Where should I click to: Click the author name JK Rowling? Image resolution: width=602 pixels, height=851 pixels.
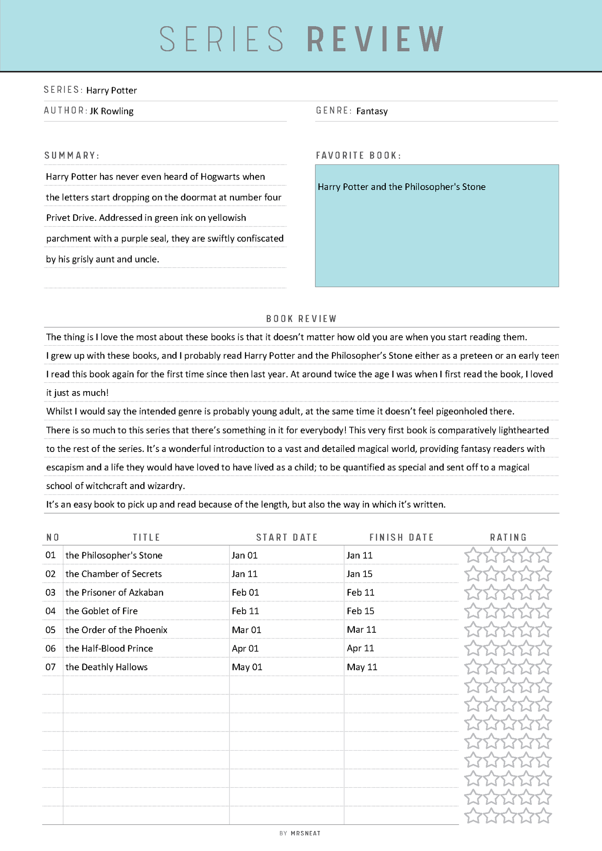[112, 111]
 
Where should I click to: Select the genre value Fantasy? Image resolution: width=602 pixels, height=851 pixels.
[372, 111]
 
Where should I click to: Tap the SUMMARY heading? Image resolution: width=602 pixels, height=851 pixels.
[72, 155]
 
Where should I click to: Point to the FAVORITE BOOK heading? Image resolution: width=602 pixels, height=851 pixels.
[358, 155]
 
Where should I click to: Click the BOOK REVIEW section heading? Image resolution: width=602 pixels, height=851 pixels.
[301, 319]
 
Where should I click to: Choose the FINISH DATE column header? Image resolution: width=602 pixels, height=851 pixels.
[402, 537]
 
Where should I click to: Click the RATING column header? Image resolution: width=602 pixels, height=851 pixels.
[508, 537]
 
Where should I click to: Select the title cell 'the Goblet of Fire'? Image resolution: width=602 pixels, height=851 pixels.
[101, 611]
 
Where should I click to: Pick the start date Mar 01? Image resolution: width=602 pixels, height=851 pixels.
[246, 630]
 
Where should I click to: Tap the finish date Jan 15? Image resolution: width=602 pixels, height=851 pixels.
[360, 574]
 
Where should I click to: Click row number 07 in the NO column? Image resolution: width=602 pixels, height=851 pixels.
[50, 667]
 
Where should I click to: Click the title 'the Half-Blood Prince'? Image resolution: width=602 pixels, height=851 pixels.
[109, 649]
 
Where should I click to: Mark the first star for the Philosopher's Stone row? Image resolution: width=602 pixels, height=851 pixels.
[472, 555]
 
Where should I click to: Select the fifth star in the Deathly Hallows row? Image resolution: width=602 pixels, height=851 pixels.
[544, 667]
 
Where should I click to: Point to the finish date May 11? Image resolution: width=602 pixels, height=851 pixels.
[362, 667]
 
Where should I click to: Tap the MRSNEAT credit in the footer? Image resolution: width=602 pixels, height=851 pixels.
[305, 833]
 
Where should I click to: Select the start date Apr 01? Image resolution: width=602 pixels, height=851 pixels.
[245, 649]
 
